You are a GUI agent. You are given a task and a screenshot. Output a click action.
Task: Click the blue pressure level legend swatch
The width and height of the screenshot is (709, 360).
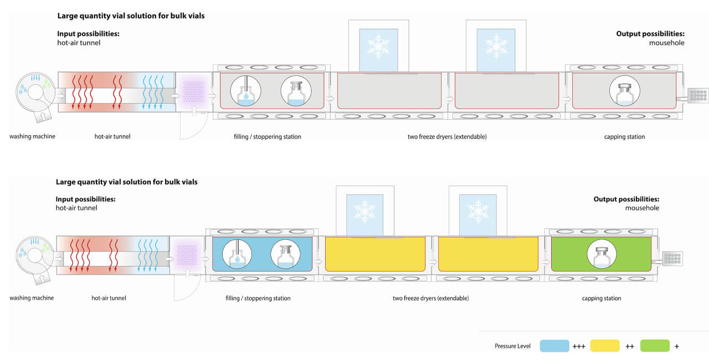tap(554, 346)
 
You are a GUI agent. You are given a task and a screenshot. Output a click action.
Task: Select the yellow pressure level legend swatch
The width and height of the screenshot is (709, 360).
tap(605, 346)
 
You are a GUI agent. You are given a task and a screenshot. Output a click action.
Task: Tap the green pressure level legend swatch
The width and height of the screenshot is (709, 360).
tap(655, 346)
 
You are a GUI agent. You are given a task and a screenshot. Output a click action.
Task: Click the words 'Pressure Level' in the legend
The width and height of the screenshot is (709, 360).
tap(512, 346)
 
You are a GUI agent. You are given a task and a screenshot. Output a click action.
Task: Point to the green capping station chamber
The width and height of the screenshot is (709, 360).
tap(601, 254)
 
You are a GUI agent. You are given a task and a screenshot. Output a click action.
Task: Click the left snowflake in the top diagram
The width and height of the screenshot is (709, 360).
tap(378, 47)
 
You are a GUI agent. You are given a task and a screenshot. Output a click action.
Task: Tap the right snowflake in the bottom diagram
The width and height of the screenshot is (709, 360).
tap(477, 211)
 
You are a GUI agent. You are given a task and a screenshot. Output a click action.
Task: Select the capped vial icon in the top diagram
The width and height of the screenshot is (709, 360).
tap(625, 90)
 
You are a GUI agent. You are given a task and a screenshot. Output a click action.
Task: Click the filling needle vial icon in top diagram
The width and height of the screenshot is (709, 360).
tap(244, 90)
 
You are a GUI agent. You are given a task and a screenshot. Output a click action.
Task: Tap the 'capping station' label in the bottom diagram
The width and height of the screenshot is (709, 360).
tap(601, 299)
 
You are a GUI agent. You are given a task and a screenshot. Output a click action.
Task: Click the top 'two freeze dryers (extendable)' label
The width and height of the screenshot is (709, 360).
tap(446, 137)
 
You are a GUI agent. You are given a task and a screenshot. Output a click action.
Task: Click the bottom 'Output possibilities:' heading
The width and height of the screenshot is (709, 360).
tap(626, 199)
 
